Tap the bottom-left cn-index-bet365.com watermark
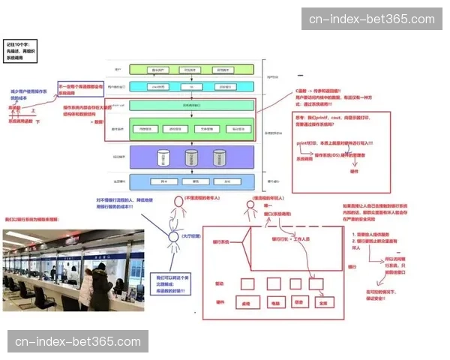[77, 342]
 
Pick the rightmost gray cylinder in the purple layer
[219, 157]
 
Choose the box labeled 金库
[322, 304]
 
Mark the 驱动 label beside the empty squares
[219, 284]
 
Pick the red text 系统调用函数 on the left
[20, 120]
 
